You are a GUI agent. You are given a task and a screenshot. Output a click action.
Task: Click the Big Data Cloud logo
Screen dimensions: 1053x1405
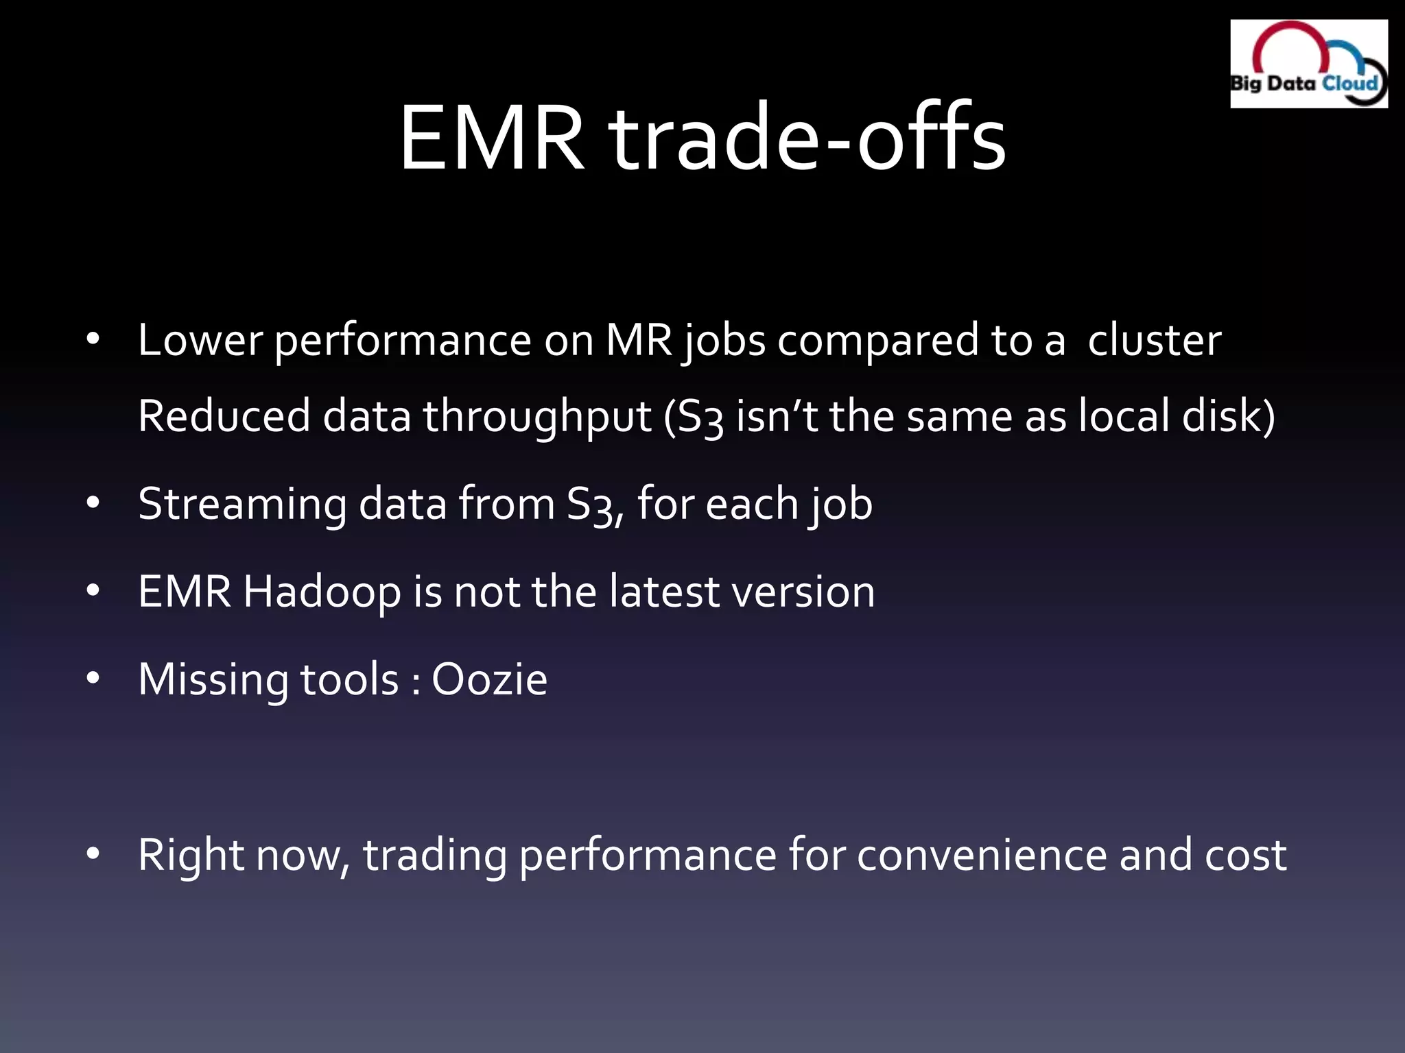pyautogui.click(x=1308, y=64)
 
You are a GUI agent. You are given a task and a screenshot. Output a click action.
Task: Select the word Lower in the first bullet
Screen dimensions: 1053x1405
pyautogui.click(x=200, y=340)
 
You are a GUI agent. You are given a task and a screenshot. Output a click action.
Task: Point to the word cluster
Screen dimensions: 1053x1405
pyautogui.click(x=1154, y=340)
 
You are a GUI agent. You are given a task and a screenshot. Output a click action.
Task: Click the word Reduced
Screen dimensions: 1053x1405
pyautogui.click(x=224, y=416)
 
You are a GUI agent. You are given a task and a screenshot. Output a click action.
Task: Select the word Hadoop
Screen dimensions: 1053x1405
pyautogui.click(x=322, y=592)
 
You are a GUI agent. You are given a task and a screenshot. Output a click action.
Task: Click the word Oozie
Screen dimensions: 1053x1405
pyautogui.click(x=489, y=679)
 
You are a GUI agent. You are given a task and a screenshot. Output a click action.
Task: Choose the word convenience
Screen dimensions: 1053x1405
pyautogui.click(x=981, y=855)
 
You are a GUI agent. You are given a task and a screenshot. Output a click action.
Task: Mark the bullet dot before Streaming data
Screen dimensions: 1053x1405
pyautogui.click(x=93, y=503)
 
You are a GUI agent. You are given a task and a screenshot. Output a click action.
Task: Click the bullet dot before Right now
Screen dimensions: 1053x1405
pyautogui.click(x=93, y=854)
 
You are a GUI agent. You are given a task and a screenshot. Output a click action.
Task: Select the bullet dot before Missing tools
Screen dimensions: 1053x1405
pyautogui.click(x=93, y=679)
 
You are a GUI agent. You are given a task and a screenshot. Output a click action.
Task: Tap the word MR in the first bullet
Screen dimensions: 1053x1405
pyautogui.click(x=639, y=340)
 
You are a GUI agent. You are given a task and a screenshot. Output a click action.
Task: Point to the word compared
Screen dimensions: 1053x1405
pyautogui.click(x=877, y=341)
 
